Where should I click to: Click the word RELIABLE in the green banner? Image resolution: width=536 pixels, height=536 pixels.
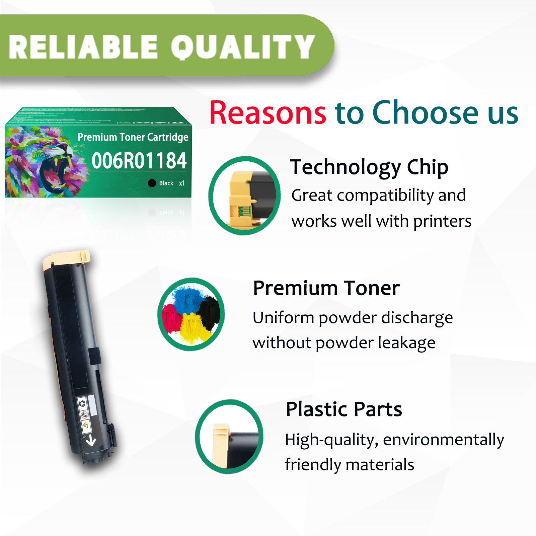(83, 47)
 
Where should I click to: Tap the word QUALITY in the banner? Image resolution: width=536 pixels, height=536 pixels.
(243, 47)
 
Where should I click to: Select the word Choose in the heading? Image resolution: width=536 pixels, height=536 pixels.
(425, 113)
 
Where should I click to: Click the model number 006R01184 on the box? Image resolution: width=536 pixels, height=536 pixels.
(139, 161)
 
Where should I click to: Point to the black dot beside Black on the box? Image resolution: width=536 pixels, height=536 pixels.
(152, 183)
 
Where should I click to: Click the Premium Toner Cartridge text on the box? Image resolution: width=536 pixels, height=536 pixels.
(133, 137)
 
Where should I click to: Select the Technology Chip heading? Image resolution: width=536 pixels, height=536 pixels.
(369, 167)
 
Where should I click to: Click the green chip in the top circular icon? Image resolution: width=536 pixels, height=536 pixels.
(244, 211)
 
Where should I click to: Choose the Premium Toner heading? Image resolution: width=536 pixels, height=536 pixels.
(326, 288)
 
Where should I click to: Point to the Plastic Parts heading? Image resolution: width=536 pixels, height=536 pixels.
(344, 409)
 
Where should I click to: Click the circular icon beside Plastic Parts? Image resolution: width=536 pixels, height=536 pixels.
(229, 436)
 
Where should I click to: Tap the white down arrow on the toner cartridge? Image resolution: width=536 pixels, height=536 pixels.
(91, 441)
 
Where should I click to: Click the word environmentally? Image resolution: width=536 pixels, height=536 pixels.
(444, 440)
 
